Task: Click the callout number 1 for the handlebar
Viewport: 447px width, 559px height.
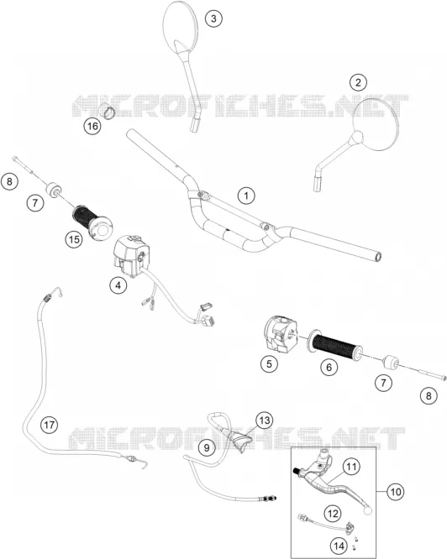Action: pos(246,196)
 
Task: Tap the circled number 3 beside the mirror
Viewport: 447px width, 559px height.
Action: pos(213,18)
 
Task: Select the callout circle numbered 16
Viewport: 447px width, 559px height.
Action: pos(92,126)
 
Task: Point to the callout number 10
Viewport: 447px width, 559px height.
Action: pos(395,492)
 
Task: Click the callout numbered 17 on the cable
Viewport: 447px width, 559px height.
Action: pos(50,425)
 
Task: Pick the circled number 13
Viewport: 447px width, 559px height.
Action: pos(265,421)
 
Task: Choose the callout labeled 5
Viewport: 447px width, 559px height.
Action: pos(269,364)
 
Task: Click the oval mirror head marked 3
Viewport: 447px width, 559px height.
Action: pos(180,26)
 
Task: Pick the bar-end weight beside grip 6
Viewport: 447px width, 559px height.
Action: pos(390,364)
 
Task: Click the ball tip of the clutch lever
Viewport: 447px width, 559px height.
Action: pos(367,511)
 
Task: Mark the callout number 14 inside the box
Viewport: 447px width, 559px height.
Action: pos(339,546)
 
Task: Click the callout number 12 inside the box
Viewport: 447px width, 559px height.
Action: pos(333,514)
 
